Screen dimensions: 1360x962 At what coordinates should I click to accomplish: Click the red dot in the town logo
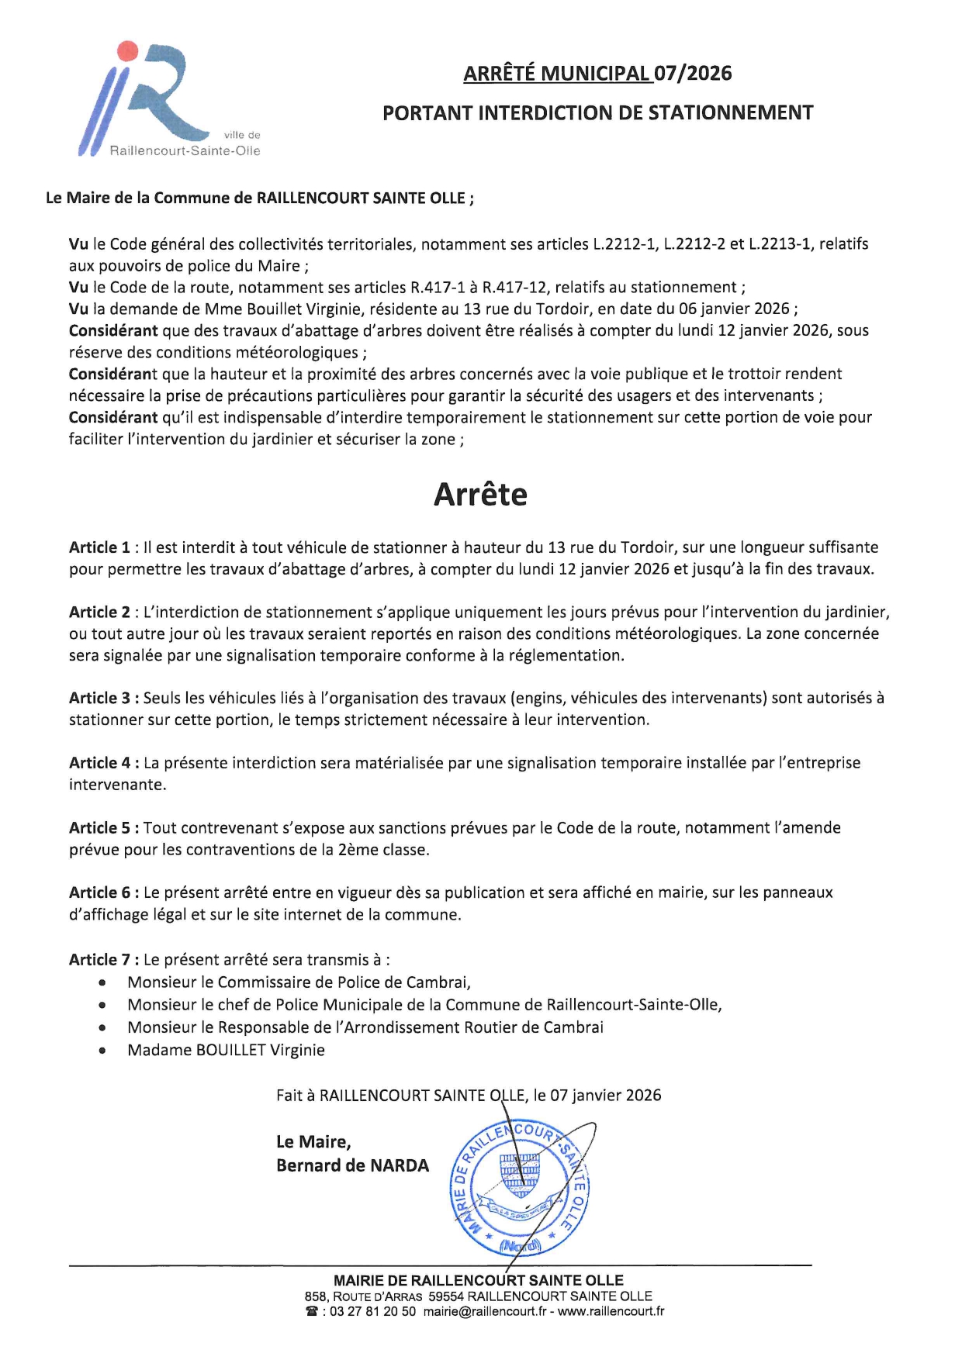coord(127,51)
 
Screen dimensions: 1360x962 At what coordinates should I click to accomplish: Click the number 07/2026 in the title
coord(693,74)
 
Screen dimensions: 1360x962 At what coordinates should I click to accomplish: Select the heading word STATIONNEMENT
coord(730,113)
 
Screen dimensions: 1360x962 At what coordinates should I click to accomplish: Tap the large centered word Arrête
coord(480,495)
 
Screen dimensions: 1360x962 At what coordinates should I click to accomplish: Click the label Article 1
coord(99,547)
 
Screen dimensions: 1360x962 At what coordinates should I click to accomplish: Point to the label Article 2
coord(99,613)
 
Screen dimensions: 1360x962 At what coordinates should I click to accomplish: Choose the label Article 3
coord(99,698)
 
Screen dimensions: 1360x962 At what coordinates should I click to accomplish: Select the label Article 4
coord(99,763)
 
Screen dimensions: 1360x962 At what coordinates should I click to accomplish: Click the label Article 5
coord(99,828)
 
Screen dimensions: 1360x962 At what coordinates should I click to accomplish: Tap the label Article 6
coord(99,892)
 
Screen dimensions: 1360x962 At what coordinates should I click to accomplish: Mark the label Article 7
coord(99,960)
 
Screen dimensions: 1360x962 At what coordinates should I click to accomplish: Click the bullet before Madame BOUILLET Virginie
coord(102,1051)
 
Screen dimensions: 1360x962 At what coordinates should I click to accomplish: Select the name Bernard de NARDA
coord(352,1165)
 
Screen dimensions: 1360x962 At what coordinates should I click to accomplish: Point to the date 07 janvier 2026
coord(606,1096)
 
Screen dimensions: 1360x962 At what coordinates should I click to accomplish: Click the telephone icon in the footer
coord(312,1312)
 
